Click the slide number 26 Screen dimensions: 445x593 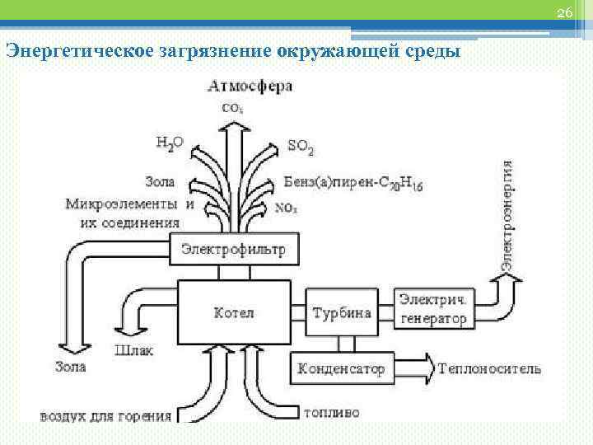coord(564,12)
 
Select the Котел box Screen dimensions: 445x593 coord(234,312)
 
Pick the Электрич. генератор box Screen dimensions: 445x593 coord(432,307)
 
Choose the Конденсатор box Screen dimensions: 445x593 coord(341,368)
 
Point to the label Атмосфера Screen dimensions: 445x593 coord(250,86)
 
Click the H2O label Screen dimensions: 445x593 coord(170,143)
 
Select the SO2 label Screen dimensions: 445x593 coord(300,147)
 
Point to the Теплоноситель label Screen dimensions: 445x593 coord(490,368)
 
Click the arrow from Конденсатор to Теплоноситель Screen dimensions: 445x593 coord(412,364)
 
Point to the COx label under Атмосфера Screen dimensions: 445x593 coord(233,106)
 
